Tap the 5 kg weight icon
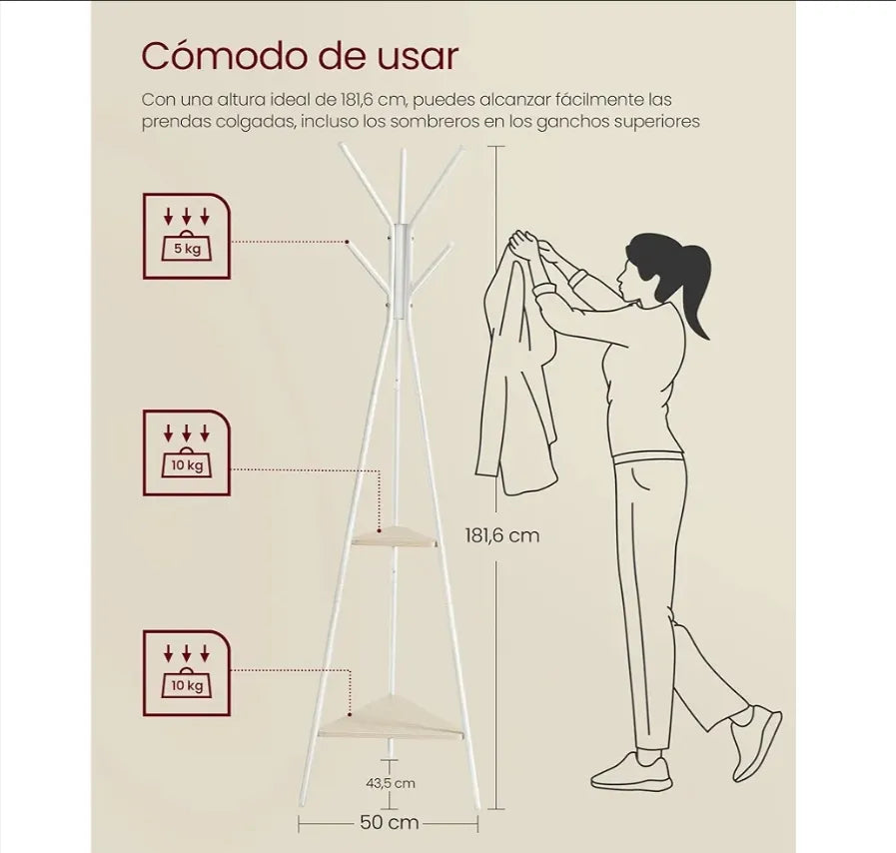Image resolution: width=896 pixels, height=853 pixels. click(x=186, y=236)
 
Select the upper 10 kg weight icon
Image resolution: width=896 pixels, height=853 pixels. click(x=186, y=452)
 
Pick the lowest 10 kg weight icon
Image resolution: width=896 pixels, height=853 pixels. click(x=186, y=673)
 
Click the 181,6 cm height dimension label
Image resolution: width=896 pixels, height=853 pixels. click(x=502, y=535)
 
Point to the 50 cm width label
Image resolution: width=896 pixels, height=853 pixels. click(x=390, y=823)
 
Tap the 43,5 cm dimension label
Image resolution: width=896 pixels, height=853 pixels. click(x=391, y=783)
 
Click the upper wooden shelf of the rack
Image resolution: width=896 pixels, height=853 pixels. click(x=395, y=536)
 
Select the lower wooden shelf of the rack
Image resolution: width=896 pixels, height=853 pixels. click(x=391, y=721)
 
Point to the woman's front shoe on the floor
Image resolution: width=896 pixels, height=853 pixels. click(x=632, y=772)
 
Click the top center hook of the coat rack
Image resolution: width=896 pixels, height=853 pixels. click(x=403, y=186)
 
